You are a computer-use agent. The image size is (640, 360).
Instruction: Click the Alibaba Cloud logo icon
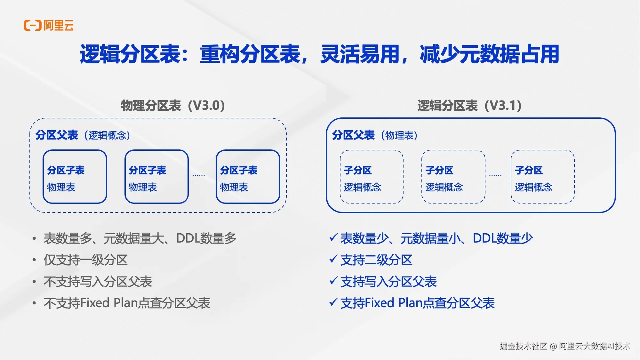tap(33, 25)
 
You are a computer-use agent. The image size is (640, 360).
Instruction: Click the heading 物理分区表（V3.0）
tap(173, 106)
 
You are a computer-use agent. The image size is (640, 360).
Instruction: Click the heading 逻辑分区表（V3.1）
tap(469, 106)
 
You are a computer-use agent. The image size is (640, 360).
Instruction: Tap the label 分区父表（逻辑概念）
tap(83, 135)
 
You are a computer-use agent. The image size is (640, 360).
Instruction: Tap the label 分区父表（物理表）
tap(375, 135)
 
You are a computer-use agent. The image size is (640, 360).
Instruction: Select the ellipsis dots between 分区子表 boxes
tap(199, 175)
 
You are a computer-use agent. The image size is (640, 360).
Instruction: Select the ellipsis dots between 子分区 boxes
tap(495, 175)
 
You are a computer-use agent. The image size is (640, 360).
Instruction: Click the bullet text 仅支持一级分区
tap(86, 260)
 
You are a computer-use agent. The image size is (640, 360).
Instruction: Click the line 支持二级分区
tap(376, 260)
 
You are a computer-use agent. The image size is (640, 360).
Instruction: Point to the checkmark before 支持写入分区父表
tap(333, 281)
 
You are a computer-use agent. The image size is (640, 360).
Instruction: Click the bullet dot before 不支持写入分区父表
tap(34, 282)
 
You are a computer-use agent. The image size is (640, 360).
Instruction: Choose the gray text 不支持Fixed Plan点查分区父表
tap(127, 303)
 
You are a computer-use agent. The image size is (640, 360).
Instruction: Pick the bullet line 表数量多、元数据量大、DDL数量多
tap(140, 238)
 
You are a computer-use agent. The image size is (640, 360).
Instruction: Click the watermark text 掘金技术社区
tap(523, 346)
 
